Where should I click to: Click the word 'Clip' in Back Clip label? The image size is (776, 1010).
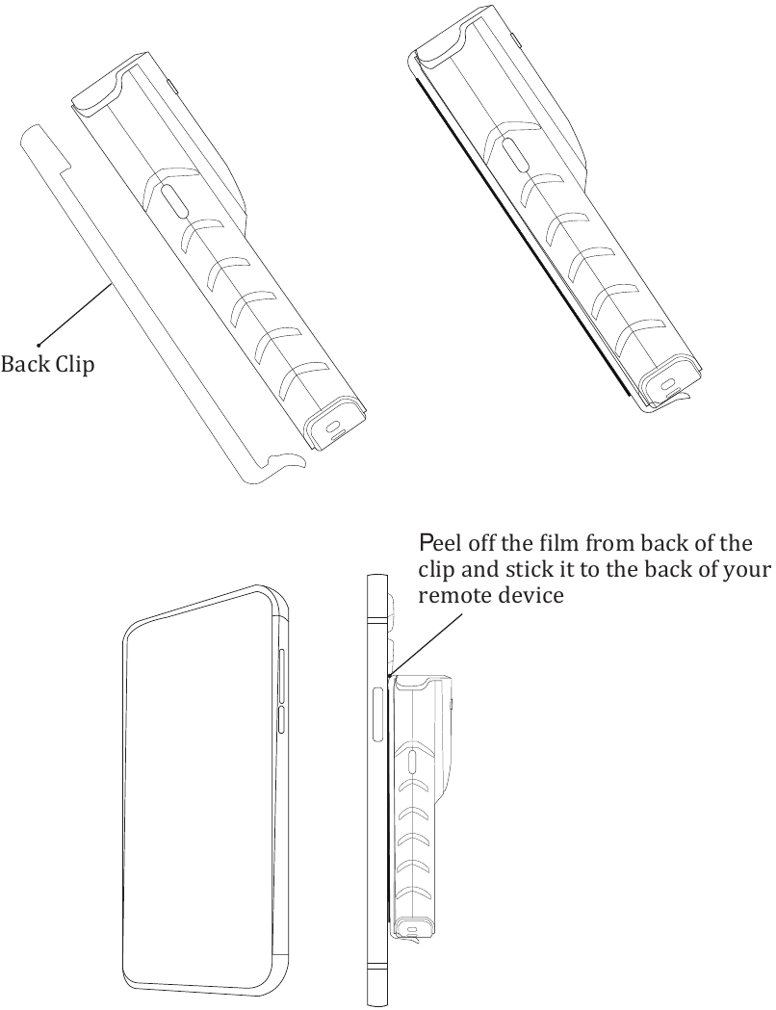73,367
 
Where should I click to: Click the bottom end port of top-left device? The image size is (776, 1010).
333,427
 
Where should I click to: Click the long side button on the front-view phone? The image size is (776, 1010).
281,678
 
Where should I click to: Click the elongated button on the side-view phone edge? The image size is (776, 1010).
378,712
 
